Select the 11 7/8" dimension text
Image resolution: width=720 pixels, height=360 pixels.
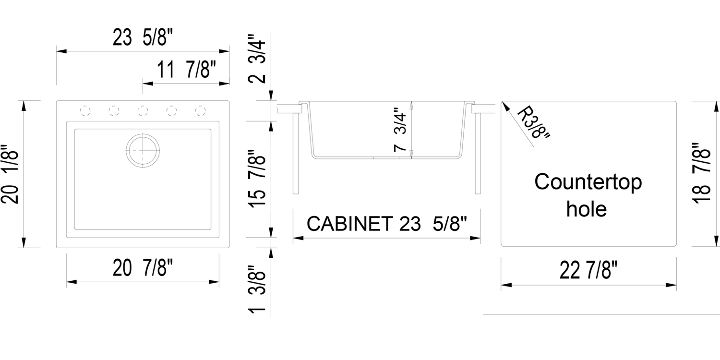187,71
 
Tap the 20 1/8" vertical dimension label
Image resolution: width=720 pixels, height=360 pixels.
11,174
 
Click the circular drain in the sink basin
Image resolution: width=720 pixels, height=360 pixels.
142,150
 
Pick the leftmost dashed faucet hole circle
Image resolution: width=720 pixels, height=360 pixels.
85,111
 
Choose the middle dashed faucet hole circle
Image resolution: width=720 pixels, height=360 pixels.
143,111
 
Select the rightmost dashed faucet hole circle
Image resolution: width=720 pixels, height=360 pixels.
200,111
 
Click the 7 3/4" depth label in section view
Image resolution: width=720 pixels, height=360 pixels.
400,131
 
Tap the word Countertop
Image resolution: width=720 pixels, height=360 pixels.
588,182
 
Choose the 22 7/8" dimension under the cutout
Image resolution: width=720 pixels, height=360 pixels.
588,272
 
